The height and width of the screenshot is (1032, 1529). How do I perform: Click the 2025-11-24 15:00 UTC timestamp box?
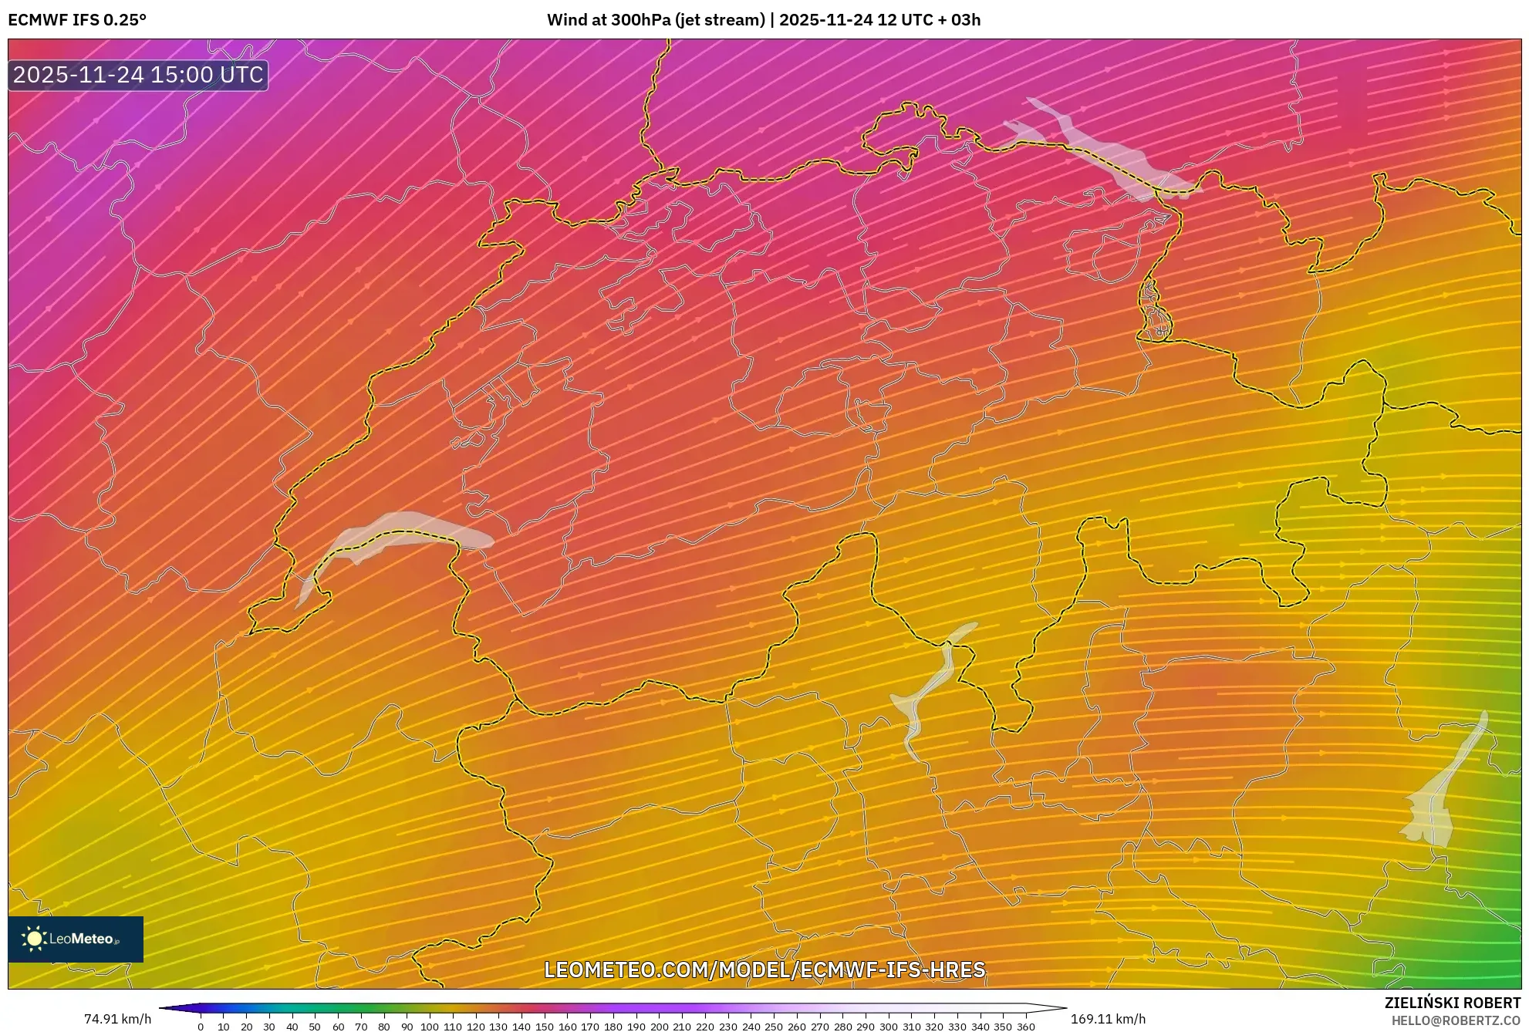point(138,75)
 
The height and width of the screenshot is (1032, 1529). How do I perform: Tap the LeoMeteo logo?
point(76,939)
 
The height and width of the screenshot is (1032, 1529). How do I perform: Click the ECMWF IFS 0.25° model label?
point(77,19)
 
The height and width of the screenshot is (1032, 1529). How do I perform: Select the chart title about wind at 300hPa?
point(764,19)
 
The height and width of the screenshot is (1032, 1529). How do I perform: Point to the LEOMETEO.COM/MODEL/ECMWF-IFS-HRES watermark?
point(764,970)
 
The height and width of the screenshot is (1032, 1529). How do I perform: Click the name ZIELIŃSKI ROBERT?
point(1452,1003)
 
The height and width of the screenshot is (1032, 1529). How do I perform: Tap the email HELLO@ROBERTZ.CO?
point(1456,1020)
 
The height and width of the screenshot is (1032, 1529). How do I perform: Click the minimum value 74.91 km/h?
point(117,1019)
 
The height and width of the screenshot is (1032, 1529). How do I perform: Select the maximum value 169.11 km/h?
point(1108,1019)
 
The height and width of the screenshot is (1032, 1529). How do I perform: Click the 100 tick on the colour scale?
point(430,1027)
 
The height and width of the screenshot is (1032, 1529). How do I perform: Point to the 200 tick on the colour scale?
point(659,1027)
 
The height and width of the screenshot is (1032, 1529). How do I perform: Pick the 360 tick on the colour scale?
point(1026,1027)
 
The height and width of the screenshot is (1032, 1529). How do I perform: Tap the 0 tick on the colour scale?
point(201,1027)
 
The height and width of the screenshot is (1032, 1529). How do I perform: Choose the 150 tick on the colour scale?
point(544,1027)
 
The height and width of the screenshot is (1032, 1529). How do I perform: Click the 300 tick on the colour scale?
point(888,1027)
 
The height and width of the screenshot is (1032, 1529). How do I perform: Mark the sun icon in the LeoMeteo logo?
point(34,939)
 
